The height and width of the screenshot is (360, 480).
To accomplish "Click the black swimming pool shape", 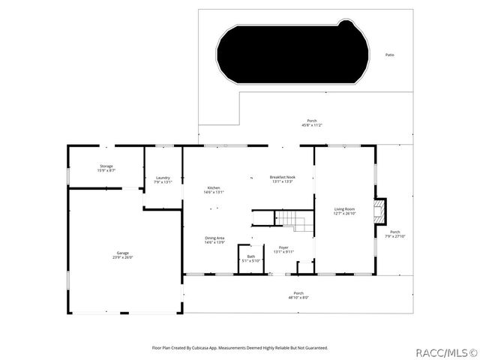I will (292, 52).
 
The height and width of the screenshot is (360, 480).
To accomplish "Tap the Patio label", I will (389, 55).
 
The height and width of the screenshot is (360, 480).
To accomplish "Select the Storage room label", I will (106, 166).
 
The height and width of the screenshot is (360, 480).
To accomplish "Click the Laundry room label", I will (163, 178).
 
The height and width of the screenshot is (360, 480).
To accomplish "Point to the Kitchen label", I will (214, 187).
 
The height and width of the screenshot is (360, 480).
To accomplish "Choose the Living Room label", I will (344, 208).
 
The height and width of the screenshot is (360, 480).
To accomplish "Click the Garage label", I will (122, 253).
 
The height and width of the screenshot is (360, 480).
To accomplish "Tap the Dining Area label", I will (215, 238).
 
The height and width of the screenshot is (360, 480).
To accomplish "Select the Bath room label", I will (250, 256).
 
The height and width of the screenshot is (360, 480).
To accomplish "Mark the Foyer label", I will (283, 247).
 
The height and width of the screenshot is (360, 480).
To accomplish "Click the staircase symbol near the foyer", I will (293, 220).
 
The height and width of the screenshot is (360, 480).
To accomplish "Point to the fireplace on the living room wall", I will (381, 211).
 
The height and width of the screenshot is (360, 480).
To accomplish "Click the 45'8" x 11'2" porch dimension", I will (312, 125).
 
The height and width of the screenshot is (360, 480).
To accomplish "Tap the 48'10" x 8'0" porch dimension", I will (298, 297).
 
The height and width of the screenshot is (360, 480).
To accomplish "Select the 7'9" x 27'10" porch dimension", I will (394, 236).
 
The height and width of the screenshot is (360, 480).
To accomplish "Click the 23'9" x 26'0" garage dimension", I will (122, 258).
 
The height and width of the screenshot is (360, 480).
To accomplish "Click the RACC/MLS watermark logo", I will (446, 351).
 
